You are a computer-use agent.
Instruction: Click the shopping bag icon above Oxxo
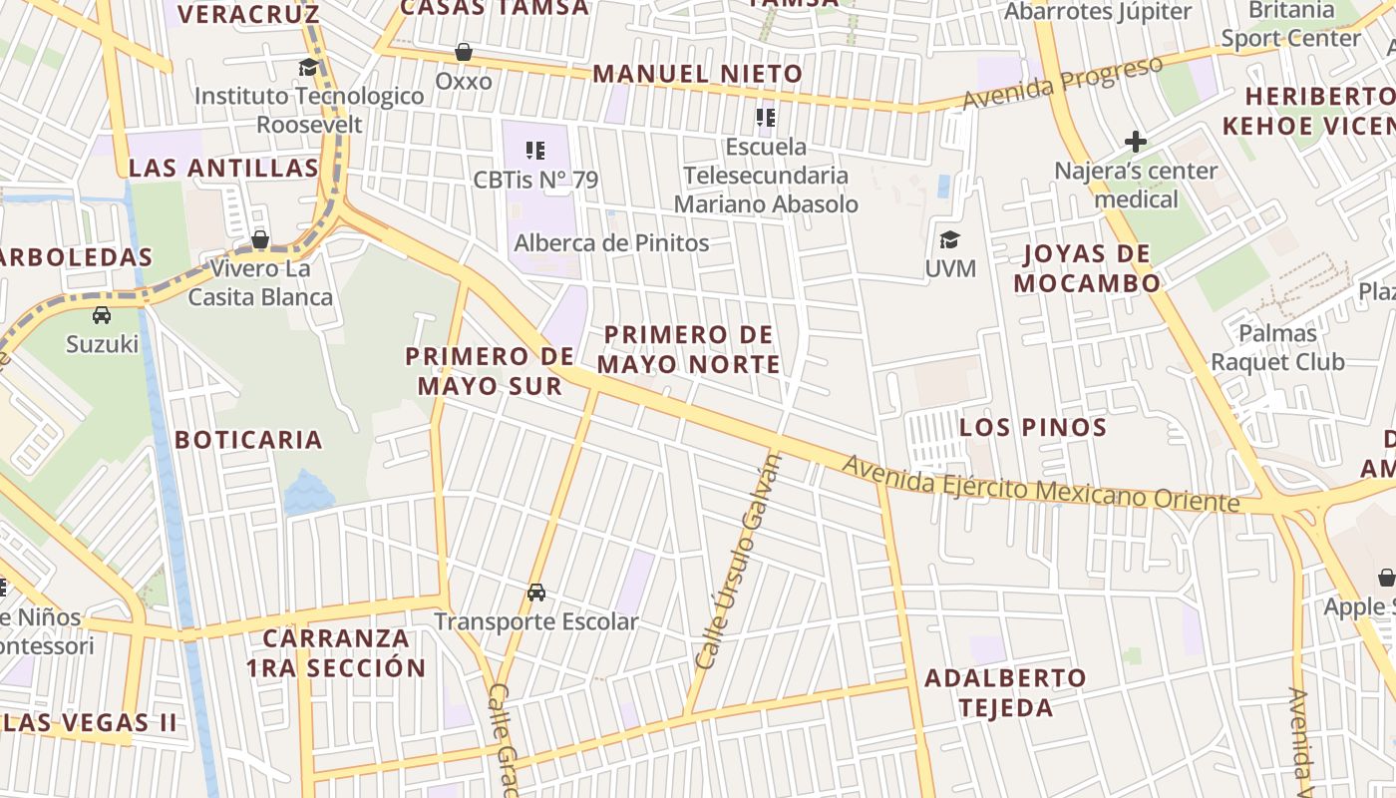tap(463, 51)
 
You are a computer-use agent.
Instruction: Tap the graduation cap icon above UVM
tap(949, 239)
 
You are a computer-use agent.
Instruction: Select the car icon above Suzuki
tap(102, 315)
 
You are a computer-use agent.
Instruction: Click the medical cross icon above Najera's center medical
tap(1135, 141)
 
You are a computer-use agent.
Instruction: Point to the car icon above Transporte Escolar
tap(536, 592)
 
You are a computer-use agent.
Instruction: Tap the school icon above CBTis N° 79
tap(535, 151)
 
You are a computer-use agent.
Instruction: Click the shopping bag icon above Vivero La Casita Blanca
tap(260, 239)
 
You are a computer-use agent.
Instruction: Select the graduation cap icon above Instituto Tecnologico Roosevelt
tap(309, 67)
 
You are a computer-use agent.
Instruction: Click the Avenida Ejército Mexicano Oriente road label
tap(1040, 484)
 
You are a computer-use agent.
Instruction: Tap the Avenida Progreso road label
tap(1063, 83)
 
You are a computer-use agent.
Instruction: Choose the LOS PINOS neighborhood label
tap(1033, 428)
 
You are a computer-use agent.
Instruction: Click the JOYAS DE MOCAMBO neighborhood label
tap(1087, 267)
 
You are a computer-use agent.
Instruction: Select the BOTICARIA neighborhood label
tap(248, 440)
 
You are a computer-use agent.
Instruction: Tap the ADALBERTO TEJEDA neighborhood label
tap(1005, 692)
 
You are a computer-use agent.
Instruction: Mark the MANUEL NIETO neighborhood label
tap(697, 74)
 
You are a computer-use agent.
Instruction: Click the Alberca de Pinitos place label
tap(611, 242)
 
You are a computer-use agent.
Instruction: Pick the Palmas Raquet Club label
tap(1277, 347)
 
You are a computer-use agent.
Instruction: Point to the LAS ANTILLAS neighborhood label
tap(223, 168)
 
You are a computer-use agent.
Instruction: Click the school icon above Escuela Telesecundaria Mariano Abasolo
tap(766, 119)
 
